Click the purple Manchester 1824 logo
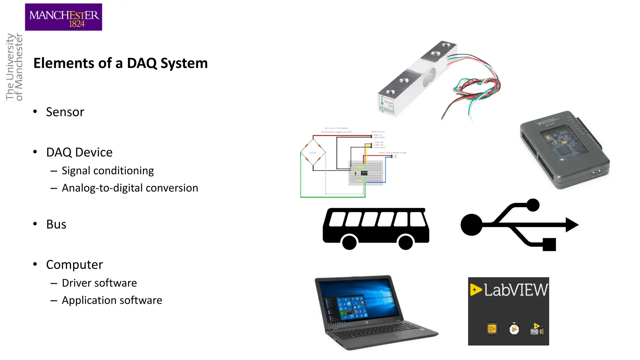(x=63, y=17)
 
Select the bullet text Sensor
(x=65, y=112)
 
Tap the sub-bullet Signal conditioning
(x=107, y=171)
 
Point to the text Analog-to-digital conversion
(x=130, y=188)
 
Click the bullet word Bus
(x=56, y=224)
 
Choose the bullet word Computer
(x=74, y=265)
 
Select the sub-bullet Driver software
(x=99, y=283)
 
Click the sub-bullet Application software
(x=112, y=300)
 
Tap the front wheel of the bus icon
(x=349, y=242)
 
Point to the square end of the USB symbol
(x=549, y=244)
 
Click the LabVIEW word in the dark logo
(x=516, y=290)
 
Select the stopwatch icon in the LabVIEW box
(x=514, y=329)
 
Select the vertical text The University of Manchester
(x=14, y=67)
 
